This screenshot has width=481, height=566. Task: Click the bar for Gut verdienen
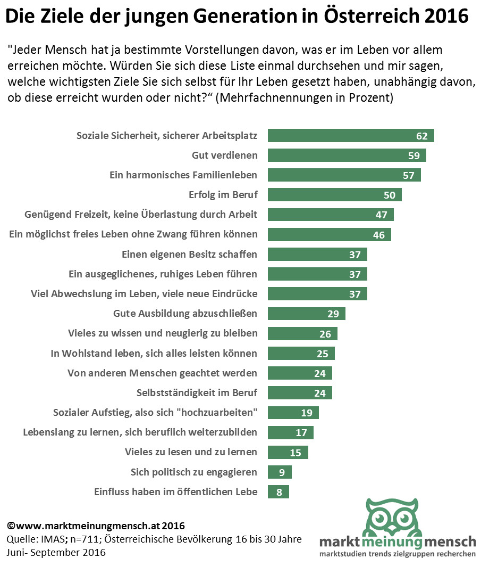347,155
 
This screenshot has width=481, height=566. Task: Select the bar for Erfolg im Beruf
334,195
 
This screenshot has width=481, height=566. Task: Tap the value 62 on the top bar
422,136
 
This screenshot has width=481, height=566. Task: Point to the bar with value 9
280,472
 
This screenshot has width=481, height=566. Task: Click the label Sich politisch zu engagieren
194,472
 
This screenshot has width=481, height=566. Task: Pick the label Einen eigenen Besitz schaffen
189,254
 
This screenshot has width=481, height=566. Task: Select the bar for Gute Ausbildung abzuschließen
306,314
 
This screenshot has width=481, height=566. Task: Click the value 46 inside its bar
379,235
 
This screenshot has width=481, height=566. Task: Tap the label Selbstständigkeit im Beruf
197,393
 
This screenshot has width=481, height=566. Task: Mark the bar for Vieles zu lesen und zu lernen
288,453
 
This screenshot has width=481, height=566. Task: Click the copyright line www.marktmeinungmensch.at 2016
96,526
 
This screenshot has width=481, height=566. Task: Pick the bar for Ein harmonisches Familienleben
344,175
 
